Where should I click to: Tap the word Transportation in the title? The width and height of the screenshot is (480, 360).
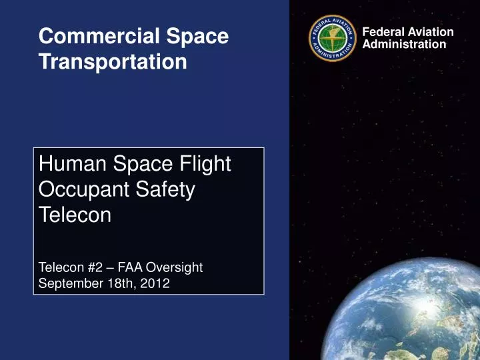pos(113,62)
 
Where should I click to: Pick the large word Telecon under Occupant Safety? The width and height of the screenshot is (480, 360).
pos(75,215)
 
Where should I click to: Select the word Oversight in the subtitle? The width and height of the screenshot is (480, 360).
pos(174,267)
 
